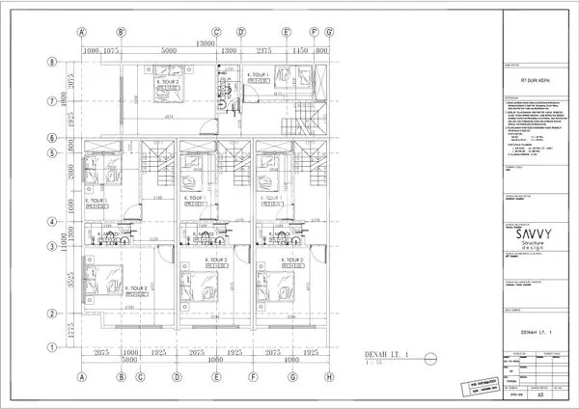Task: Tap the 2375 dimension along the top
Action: pos(262,52)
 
